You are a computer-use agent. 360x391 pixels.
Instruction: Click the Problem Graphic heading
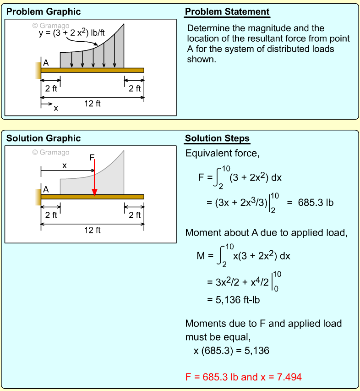coord(44,11)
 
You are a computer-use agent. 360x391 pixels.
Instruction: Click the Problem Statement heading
coord(227,11)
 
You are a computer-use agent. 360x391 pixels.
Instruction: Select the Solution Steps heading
coord(217,138)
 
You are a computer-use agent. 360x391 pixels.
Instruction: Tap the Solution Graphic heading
coord(44,138)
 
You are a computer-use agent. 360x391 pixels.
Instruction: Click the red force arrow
coord(94,179)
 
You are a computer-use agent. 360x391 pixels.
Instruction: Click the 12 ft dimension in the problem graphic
coord(92,104)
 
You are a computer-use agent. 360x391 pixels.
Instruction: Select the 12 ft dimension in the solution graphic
coord(92,230)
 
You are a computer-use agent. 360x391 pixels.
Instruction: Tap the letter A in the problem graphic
coord(46,63)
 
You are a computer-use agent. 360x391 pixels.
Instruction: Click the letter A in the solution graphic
coord(46,189)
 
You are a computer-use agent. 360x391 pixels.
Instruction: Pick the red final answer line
coord(243,377)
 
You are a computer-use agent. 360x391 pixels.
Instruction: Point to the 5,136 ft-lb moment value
coord(234,300)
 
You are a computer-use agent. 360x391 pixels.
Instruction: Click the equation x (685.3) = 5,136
coord(231,351)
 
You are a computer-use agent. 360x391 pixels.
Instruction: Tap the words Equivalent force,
coord(222,153)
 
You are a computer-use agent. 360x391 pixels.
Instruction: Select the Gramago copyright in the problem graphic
coord(51,26)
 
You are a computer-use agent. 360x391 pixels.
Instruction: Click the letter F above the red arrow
coord(92,158)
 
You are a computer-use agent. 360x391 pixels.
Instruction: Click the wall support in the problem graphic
coord(38,70)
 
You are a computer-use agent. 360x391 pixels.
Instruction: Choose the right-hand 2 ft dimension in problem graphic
coord(135,88)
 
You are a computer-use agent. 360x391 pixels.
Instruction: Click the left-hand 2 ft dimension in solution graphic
coord(51,215)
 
